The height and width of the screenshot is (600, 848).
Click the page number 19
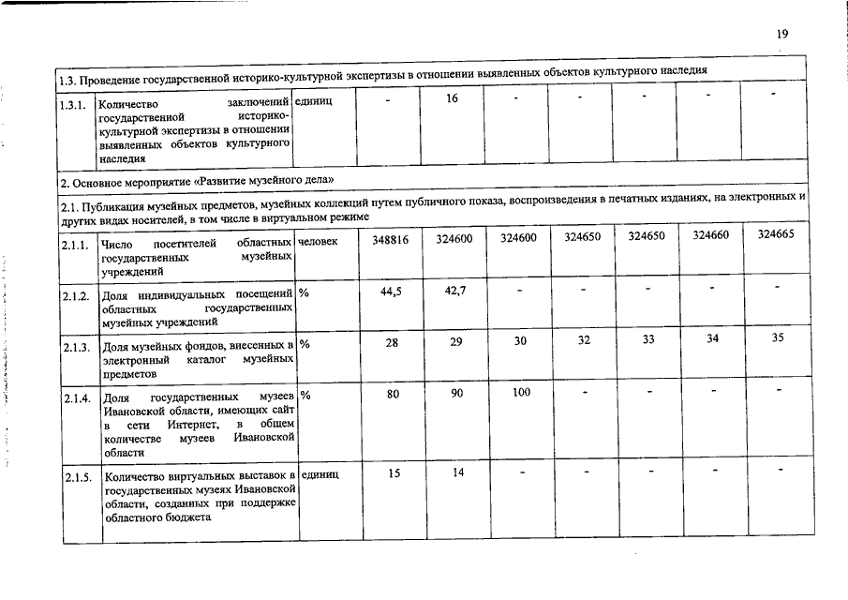[x=781, y=34]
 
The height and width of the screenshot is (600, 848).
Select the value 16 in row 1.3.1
[x=453, y=98]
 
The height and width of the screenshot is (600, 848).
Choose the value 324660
[x=711, y=236]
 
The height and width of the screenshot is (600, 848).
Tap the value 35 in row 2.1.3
[x=778, y=337]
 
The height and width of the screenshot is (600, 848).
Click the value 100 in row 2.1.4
[x=522, y=393]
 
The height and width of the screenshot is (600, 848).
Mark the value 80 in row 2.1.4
[x=393, y=395]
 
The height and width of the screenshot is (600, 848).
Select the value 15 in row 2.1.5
[x=394, y=473]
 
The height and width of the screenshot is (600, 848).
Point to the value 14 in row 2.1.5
[x=458, y=472]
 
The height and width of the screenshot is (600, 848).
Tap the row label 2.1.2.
[x=76, y=297]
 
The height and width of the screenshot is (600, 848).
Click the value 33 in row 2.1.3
[x=647, y=339]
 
